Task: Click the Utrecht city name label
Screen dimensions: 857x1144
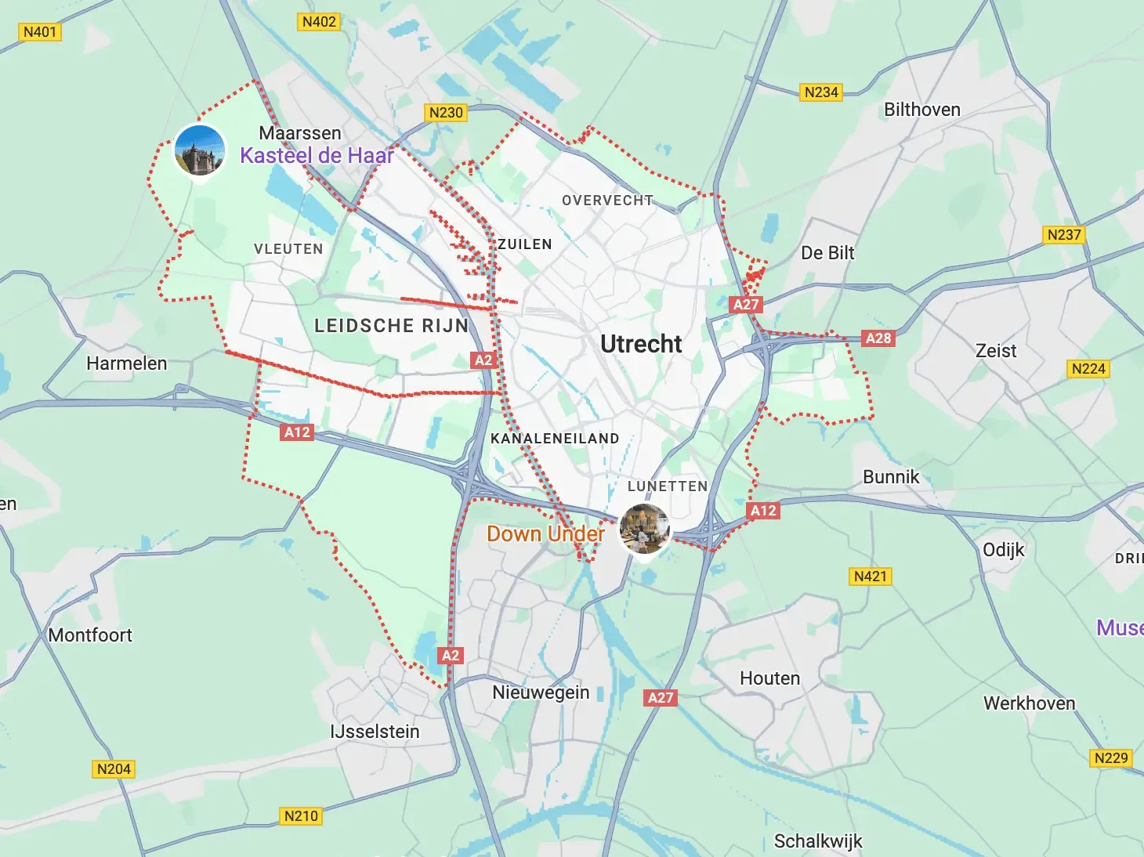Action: click(641, 344)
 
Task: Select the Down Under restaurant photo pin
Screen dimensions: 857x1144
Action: click(644, 529)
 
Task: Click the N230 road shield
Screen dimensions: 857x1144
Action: click(446, 113)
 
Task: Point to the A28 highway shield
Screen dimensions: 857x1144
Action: click(878, 338)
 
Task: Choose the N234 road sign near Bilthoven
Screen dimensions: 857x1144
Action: click(821, 92)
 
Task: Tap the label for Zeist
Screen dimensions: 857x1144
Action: click(996, 351)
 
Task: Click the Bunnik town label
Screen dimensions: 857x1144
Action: click(891, 477)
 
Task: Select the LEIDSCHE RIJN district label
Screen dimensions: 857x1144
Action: click(391, 326)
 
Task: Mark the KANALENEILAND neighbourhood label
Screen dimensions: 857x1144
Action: click(555, 439)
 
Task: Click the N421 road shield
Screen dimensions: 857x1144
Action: click(871, 577)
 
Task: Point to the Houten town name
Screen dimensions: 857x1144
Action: click(769, 678)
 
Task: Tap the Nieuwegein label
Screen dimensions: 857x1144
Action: click(541, 692)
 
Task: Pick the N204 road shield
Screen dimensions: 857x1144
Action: click(114, 769)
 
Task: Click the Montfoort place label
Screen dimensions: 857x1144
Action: click(90, 635)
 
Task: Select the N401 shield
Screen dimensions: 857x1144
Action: click(40, 32)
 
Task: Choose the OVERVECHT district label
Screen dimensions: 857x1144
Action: click(607, 201)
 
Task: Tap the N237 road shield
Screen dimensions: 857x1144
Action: click(1064, 235)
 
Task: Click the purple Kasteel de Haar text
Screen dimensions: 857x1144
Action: click(317, 156)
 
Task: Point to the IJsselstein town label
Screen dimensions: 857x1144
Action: click(375, 732)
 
